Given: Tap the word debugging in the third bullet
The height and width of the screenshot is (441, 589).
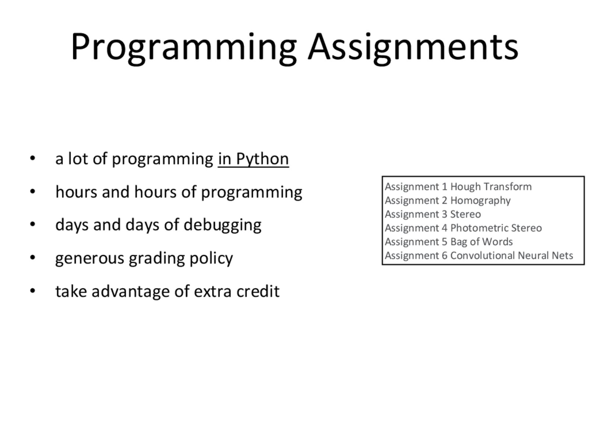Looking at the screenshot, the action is click(x=222, y=225).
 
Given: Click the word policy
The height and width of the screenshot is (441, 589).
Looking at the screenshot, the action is click(x=211, y=258).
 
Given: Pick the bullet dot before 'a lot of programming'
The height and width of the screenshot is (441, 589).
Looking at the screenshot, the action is click(x=33, y=158).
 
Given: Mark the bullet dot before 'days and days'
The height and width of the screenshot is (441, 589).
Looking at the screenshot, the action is click(x=33, y=225).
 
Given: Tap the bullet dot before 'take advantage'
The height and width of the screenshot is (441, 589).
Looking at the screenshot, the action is click(x=33, y=291).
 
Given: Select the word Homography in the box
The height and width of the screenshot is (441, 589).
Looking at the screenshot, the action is click(x=480, y=201).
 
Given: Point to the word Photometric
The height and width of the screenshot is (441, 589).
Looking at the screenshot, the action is click(x=479, y=228).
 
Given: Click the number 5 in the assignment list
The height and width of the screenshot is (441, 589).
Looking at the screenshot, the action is click(x=444, y=242).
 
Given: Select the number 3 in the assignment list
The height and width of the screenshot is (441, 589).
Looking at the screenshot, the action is click(x=444, y=215).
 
